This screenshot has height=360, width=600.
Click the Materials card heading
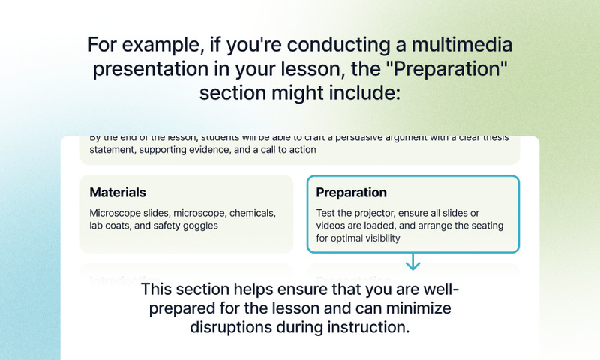click(x=118, y=193)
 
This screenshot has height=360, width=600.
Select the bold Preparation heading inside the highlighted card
click(x=351, y=193)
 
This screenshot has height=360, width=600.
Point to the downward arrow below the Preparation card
click(x=412, y=262)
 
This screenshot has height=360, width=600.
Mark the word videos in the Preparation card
click(x=332, y=225)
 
